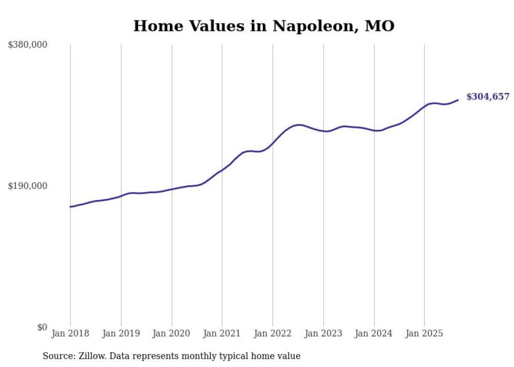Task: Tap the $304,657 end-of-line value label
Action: [x=488, y=97]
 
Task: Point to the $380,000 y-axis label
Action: [x=28, y=45]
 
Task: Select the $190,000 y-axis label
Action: [x=28, y=186]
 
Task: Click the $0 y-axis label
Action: [x=42, y=327]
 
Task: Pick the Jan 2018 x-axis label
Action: [x=70, y=333]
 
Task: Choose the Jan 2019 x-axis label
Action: [x=121, y=333]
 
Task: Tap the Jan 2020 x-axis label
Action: [x=172, y=333]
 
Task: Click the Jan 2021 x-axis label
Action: [x=222, y=333]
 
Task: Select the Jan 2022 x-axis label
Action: [x=273, y=333]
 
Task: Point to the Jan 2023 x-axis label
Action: [x=323, y=333]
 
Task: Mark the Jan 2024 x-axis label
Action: [x=374, y=333]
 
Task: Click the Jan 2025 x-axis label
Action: [x=424, y=333]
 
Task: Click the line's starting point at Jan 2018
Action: [x=70, y=207]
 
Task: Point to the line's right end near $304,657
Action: [x=458, y=100]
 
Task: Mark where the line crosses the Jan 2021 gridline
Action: [x=222, y=170]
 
